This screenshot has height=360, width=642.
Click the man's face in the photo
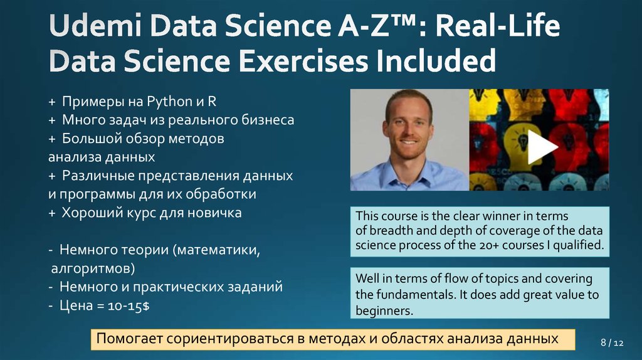click(408, 125)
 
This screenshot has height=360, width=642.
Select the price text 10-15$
click(125, 305)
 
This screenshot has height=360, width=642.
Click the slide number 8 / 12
click(612, 343)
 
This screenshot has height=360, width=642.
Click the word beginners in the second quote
click(384, 310)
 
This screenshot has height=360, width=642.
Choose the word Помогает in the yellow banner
click(129, 339)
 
